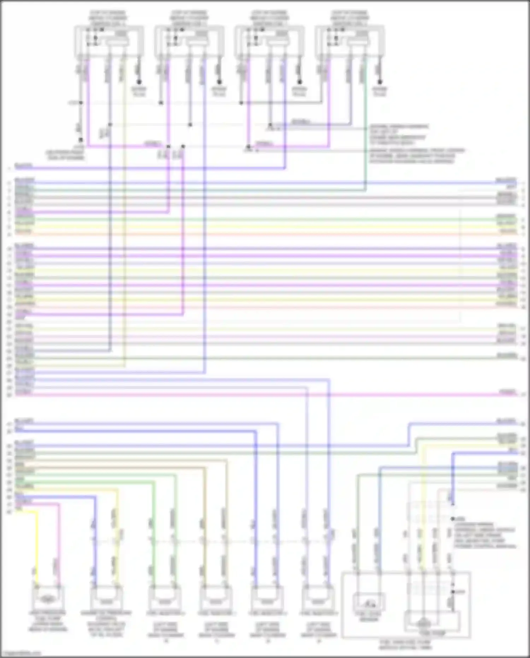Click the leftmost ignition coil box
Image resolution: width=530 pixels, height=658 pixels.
click(x=109, y=41)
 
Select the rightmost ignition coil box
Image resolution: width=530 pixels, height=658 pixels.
click(x=349, y=41)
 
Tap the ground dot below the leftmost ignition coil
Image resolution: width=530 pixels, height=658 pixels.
click(x=139, y=82)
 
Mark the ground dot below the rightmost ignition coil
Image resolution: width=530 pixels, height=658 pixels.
click(x=380, y=82)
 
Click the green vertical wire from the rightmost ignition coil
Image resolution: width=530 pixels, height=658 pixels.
click(x=365, y=141)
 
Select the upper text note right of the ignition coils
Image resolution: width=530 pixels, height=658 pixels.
click(x=399, y=134)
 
